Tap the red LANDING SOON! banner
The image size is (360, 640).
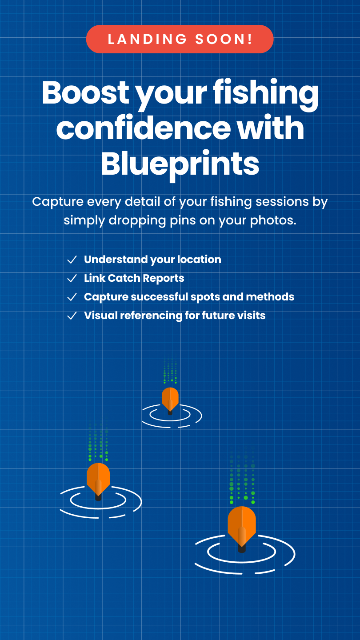pos(180,39)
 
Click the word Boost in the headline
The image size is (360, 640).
pos(85,92)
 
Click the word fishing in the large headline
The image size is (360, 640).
pos(266,94)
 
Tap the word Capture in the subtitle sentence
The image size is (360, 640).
pos(58,202)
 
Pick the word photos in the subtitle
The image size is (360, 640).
pos(273,221)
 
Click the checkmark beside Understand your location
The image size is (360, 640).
pos(72,260)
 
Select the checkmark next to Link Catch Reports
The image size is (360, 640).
pos(72,278)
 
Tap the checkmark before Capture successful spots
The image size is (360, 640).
pos(72,297)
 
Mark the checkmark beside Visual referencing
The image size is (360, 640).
pos(72,316)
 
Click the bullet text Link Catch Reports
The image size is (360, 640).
pos(134,278)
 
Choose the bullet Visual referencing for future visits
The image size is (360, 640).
pos(175,316)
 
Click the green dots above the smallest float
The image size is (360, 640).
pos(170,371)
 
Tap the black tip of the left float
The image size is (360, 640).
pos(98,498)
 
